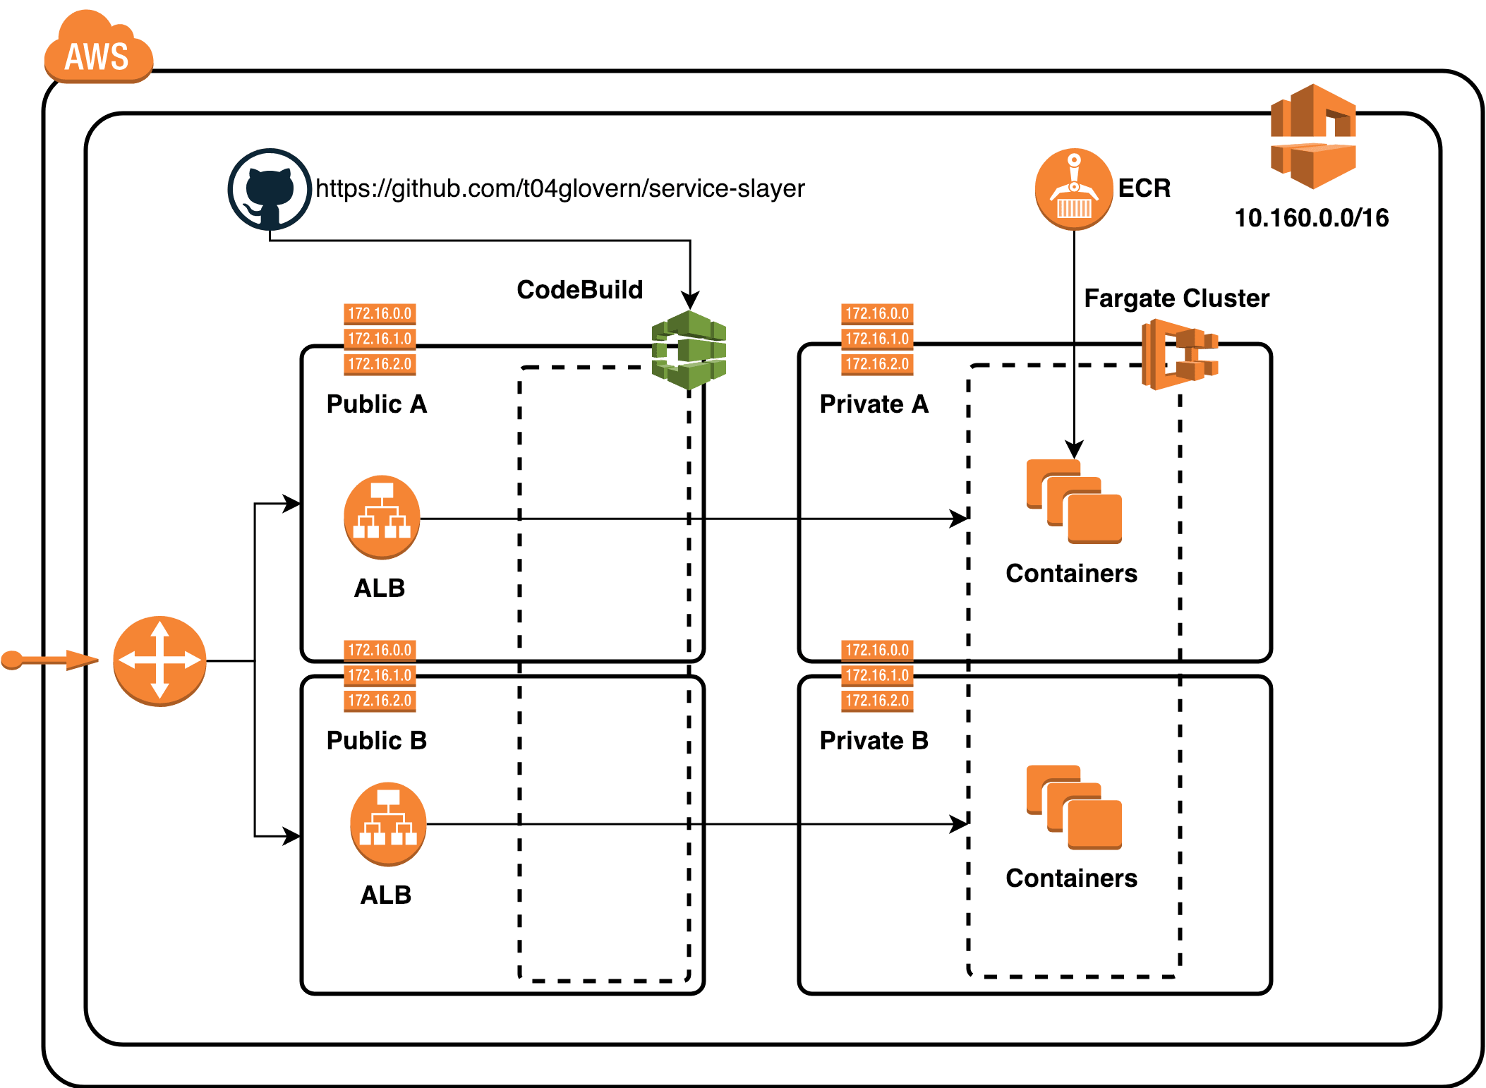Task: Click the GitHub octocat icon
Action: pyautogui.click(x=270, y=189)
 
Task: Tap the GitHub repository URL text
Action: pyautogui.click(x=560, y=188)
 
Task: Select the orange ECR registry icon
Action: pyautogui.click(x=1073, y=188)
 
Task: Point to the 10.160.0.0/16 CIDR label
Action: pyautogui.click(x=1311, y=218)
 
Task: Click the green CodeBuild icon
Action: pyautogui.click(x=689, y=350)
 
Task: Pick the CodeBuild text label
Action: pyautogui.click(x=579, y=290)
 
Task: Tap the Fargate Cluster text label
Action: pyautogui.click(x=1176, y=298)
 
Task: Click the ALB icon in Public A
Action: pyautogui.click(x=382, y=517)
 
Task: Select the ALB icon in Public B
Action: pyautogui.click(x=388, y=823)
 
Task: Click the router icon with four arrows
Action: pyautogui.click(x=159, y=660)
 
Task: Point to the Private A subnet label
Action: pyautogui.click(x=874, y=404)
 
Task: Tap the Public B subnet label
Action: pyautogui.click(x=376, y=740)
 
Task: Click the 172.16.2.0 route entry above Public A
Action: pyautogui.click(x=380, y=364)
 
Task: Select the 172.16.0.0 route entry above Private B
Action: pyautogui.click(x=877, y=650)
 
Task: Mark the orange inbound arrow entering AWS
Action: pyautogui.click(x=49, y=660)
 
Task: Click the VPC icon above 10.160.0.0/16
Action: pyautogui.click(x=1313, y=137)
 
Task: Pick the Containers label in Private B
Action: pyautogui.click(x=1071, y=878)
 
